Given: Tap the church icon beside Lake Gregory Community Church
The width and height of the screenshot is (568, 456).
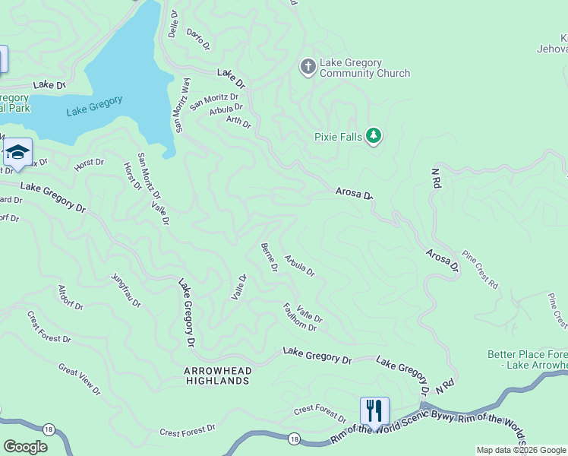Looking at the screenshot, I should coord(308,68).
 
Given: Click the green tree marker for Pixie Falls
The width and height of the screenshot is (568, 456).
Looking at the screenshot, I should coord(373,136).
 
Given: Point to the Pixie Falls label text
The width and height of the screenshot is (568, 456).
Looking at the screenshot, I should coord(338,138).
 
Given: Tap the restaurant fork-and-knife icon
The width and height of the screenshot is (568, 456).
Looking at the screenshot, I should coord(374,411).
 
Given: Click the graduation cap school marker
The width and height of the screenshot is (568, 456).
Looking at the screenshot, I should coord(17,153).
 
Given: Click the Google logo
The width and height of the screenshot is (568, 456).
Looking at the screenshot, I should coord(25,447).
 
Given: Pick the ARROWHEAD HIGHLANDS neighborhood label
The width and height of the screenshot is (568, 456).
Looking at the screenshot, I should coord(216,375).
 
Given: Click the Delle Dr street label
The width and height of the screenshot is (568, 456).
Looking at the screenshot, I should coord(172,24).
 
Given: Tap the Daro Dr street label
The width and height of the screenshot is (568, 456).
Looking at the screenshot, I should coord(197,39).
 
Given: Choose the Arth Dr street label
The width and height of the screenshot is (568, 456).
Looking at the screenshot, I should coord(238,120).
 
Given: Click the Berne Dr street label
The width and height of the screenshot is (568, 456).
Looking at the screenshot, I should coord(269,257).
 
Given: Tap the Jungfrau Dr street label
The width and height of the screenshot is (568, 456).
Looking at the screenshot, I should coord(126,290).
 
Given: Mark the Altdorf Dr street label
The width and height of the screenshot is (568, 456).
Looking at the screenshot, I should coord(71,297).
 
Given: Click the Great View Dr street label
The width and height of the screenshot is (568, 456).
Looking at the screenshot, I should coord(79,378).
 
